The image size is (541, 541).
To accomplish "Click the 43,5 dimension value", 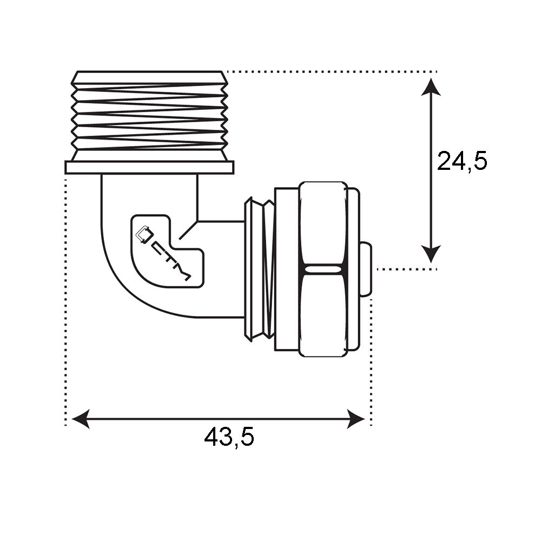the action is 229,437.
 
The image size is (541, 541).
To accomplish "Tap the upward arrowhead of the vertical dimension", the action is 431,87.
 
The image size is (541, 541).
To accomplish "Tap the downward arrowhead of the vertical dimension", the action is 431,254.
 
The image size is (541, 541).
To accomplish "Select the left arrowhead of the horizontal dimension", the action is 81,419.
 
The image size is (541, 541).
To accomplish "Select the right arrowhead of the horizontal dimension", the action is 356,419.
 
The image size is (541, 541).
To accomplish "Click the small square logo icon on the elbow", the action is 144,235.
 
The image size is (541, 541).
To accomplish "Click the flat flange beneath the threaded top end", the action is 150,167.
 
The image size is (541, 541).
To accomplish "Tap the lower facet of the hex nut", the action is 322,314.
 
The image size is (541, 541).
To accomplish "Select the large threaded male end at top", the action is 150,116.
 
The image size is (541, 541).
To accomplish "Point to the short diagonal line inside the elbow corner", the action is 188,230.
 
